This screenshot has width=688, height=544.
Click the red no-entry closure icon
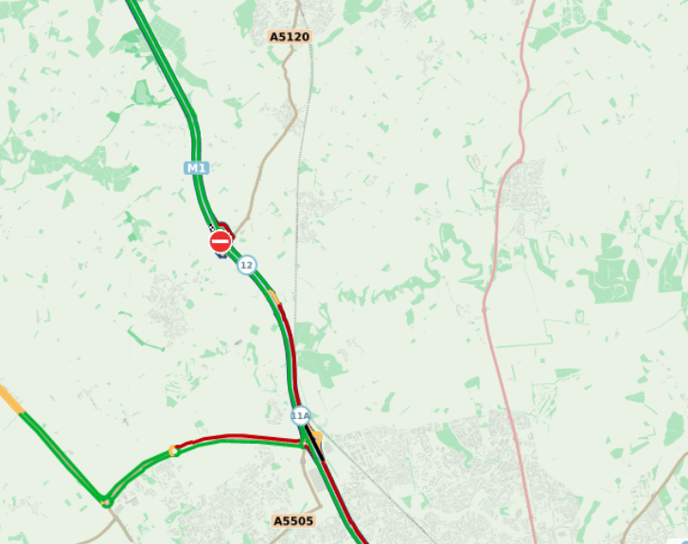point(221,242)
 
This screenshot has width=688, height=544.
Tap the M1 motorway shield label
point(196,167)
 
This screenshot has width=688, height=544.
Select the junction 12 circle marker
point(247,265)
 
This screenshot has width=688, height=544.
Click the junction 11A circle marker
point(300,416)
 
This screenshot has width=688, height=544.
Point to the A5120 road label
point(290,37)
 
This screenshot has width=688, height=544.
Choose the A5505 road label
point(293,520)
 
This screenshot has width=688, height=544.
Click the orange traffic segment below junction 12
point(274,298)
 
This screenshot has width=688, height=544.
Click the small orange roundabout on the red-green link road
point(172,450)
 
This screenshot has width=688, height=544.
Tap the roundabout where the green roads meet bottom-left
point(106,501)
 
